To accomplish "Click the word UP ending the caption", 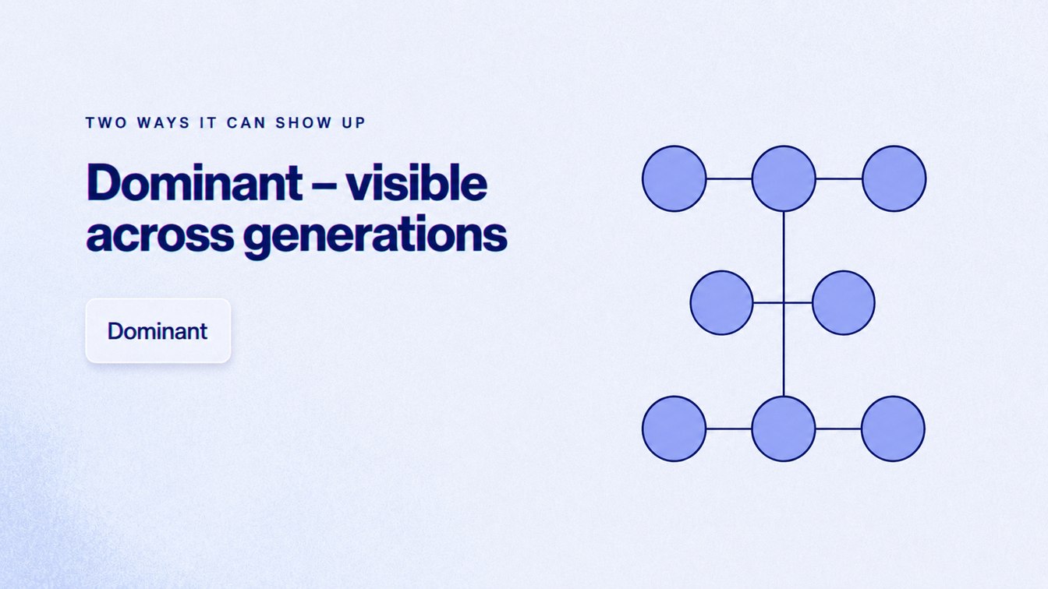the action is [x=353, y=122].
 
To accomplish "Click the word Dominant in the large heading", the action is [x=194, y=182].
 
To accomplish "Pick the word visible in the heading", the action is [x=416, y=182].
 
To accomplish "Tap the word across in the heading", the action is [x=160, y=234].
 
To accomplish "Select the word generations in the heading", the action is [x=375, y=236].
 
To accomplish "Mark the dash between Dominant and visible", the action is [x=324, y=186].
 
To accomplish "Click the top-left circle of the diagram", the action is [x=674, y=178].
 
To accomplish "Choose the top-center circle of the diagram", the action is [x=784, y=178].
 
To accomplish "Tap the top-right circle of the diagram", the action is [x=894, y=178].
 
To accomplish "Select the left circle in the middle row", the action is [x=722, y=303].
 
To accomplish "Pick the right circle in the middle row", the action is [x=844, y=303].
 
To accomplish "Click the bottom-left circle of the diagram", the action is [x=674, y=429].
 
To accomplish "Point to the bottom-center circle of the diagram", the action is [x=784, y=429].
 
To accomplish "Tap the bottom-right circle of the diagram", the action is [x=893, y=429].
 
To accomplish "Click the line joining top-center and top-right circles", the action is [x=839, y=178].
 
